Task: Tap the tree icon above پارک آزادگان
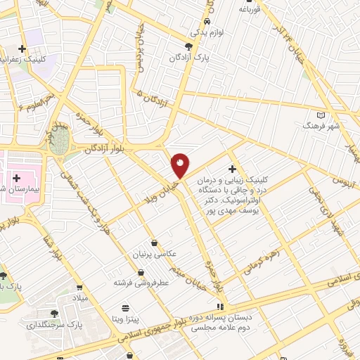pos(188,46)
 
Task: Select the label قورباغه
pos(250,10)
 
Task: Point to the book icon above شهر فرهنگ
pos(321,115)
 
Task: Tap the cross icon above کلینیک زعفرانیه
pos(22,50)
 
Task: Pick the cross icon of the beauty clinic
pos(232,169)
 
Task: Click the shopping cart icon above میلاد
pos(80,287)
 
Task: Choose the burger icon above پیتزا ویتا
pos(125,308)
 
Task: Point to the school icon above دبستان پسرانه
pos(220,307)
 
